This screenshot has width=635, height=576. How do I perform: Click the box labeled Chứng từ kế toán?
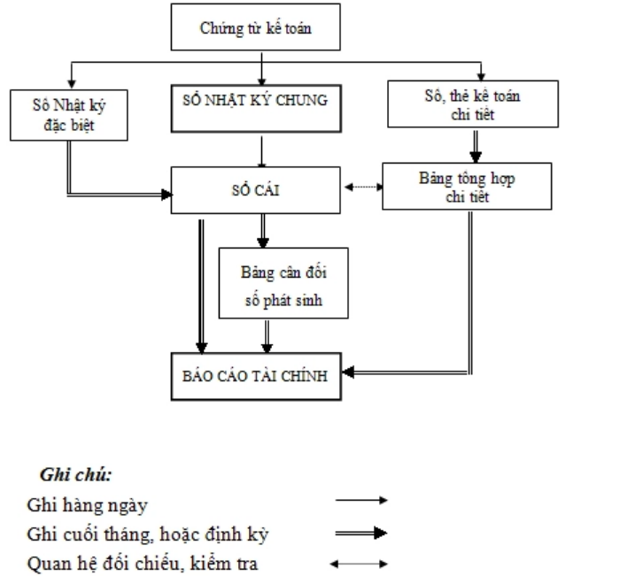pyautogui.click(x=256, y=27)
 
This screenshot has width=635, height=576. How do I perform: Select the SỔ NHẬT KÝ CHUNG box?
pyautogui.click(x=256, y=109)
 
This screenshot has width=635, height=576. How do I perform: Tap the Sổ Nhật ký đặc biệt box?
pyautogui.click(x=69, y=115)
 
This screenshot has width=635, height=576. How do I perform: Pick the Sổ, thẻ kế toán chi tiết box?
pyautogui.click(x=473, y=104)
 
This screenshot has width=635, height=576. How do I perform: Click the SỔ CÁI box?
pyautogui.click(x=256, y=190)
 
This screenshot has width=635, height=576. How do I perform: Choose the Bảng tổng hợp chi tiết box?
pyautogui.click(x=467, y=187)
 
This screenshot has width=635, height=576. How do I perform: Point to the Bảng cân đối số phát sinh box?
pyautogui.click(x=283, y=283)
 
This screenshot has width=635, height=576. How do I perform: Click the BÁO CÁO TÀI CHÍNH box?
pyautogui.click(x=256, y=377)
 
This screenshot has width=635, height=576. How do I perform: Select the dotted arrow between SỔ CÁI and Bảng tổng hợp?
pyautogui.click(x=363, y=187)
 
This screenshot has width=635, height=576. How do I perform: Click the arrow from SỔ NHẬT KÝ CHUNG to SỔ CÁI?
pyautogui.click(x=261, y=151)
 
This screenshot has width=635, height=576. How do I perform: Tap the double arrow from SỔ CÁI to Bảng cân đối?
pyautogui.click(x=263, y=231)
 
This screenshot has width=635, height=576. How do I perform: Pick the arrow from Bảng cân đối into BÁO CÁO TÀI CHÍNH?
pyautogui.click(x=267, y=336)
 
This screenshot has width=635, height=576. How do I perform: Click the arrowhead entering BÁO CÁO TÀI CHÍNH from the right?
pyautogui.click(x=348, y=372)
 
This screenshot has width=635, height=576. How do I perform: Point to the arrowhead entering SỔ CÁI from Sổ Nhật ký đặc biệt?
pyautogui.click(x=166, y=195)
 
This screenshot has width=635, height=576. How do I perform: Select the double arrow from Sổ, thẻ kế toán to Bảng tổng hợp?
pyautogui.click(x=476, y=146)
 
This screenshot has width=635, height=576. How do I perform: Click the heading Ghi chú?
pyautogui.click(x=76, y=474)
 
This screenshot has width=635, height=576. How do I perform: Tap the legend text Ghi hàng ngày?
pyautogui.click(x=87, y=505)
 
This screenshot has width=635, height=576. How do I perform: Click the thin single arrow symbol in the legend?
pyautogui.click(x=361, y=501)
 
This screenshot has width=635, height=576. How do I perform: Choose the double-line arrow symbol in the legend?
pyautogui.click(x=361, y=533)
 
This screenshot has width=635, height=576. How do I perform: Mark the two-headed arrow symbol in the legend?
pyautogui.click(x=359, y=564)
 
